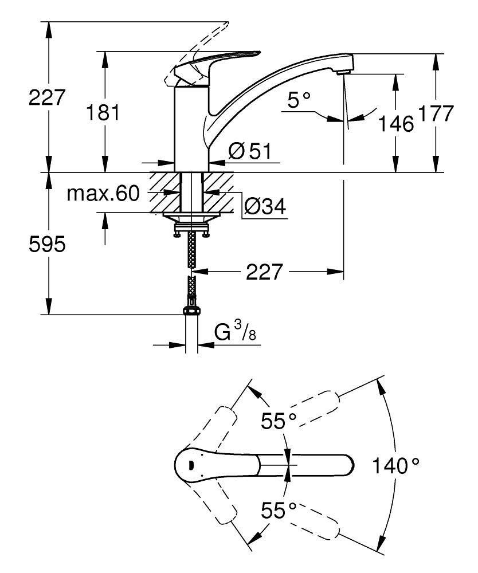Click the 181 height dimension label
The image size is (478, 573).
click(x=103, y=112)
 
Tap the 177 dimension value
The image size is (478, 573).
click(x=436, y=113)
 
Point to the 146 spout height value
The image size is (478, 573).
click(x=396, y=123)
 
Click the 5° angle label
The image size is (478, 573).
click(x=298, y=101)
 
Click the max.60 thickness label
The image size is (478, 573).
click(x=103, y=194)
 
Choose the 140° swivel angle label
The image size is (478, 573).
click(x=395, y=464)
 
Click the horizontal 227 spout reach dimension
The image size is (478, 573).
click(x=265, y=272)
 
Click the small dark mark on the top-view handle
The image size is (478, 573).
click(x=191, y=465)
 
